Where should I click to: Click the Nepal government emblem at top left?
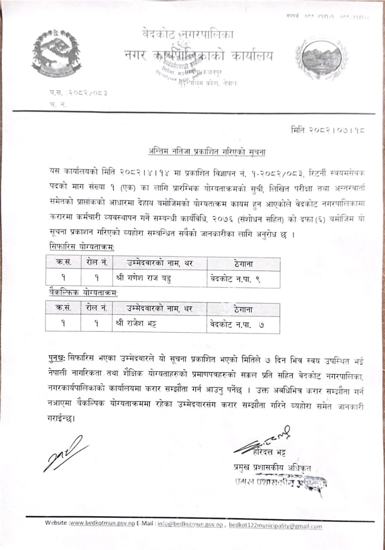[56, 53]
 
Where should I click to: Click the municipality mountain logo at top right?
[321, 58]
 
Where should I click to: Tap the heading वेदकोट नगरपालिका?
[188, 34]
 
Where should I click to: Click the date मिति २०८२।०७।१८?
[328, 129]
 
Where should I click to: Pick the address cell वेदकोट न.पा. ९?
[235, 279]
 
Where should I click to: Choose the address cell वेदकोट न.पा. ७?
[237, 325]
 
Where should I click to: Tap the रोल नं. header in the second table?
[96, 309]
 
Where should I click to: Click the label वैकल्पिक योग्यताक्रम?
[83, 293]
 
